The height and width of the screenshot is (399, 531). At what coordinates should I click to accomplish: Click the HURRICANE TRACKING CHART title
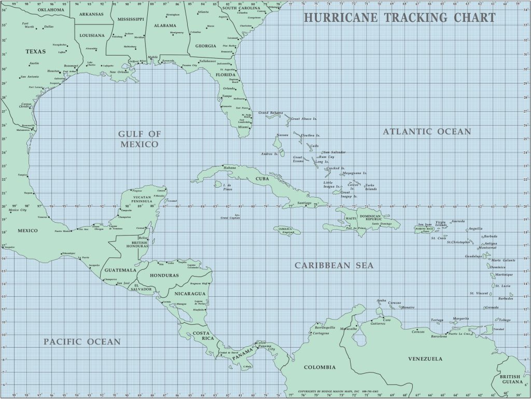coord(399,18)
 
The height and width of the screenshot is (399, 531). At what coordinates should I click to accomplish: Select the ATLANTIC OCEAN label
coord(427,132)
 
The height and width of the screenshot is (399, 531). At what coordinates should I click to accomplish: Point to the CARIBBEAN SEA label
coord(334,266)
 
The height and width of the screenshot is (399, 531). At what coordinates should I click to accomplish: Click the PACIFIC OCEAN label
coord(82,341)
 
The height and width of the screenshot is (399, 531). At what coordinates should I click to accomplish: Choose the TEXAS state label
coord(36,51)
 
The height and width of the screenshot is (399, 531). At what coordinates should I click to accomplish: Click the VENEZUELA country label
coord(425,359)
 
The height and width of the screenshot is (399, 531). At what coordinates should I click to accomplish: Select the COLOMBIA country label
coord(320,367)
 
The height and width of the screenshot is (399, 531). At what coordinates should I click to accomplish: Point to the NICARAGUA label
coord(189,294)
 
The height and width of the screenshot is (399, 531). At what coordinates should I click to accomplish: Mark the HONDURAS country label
coord(164,276)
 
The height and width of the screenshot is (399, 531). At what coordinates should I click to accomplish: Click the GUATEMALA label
coord(120,270)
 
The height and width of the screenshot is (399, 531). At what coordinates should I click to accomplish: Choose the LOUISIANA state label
coord(92,36)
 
